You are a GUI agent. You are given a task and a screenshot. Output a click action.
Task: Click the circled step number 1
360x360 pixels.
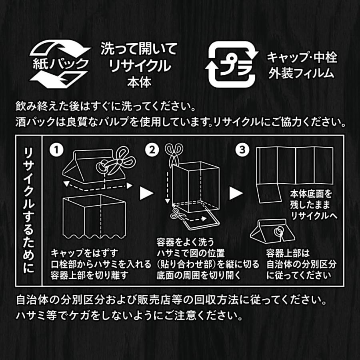click(56, 150)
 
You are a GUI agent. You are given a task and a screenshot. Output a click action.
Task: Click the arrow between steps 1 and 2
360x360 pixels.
click(145, 193)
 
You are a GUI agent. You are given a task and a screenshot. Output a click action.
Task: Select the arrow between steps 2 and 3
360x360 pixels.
click(236, 193)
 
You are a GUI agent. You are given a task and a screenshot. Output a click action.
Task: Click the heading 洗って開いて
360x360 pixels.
click(138, 49)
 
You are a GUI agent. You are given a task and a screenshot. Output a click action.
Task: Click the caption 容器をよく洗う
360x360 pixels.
click(180, 242)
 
